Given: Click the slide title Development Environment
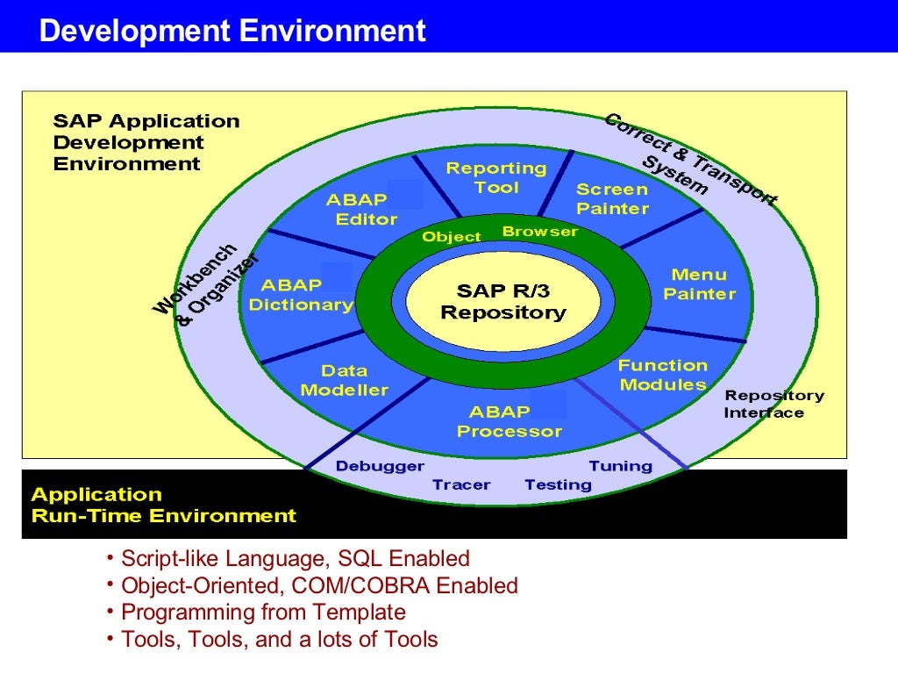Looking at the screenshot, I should coord(232,32).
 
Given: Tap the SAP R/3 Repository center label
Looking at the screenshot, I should coord(502,301).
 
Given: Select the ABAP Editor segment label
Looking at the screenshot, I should coord(361,210).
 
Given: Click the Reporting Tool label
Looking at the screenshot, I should coord(495,177).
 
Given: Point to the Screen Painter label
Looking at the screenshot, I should coord(612,198).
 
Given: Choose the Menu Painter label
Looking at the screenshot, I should coord(698,284).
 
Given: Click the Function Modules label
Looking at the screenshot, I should coord(662,375).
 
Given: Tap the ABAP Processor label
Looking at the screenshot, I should coord(509,421).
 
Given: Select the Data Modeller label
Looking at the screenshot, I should coord(344,380).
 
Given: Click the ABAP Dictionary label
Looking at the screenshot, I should coord(300,295).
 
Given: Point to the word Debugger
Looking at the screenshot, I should coord(379,466).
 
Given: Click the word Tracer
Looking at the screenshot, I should coord(461,484).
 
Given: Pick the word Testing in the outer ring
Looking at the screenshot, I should coord(558,484).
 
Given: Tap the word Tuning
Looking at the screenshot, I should coord(620,466).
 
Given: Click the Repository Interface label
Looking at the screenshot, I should coord(773,404).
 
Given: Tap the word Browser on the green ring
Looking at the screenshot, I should coord(539,232).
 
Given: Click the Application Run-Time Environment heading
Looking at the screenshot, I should coord(163,505).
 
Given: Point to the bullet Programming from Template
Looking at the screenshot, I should coord(263,612).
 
